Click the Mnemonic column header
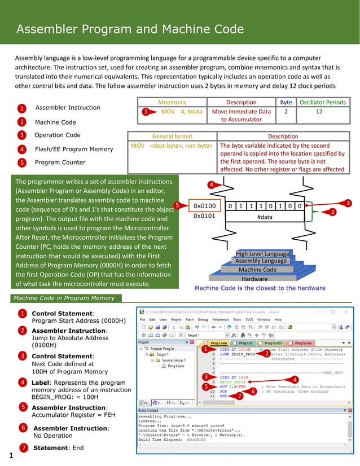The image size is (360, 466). pyautogui.click(x=172, y=102)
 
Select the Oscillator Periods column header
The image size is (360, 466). pyautogui.click(x=322, y=102)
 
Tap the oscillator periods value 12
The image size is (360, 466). pyautogui.click(x=319, y=112)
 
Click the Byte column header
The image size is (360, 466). pyautogui.click(x=286, y=102)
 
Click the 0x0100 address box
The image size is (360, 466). pyautogui.click(x=204, y=206)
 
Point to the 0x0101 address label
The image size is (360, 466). pyautogui.click(x=204, y=216)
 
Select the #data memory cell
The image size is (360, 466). pyautogui.click(x=264, y=217)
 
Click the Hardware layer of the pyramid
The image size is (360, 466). pyautogui.click(x=254, y=279)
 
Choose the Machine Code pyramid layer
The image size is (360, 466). pyautogui.click(x=257, y=270)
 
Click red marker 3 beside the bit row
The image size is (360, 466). pyautogui.click(x=348, y=203)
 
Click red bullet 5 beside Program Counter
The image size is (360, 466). pyautogui.click(x=21, y=162)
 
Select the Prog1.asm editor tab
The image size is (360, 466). pyautogui.click(x=218, y=342)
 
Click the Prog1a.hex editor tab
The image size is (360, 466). pyautogui.click(x=303, y=342)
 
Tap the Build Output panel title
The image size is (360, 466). pyautogui.click(x=153, y=410)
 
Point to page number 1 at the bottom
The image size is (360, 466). pyautogui.click(x=11, y=455)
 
